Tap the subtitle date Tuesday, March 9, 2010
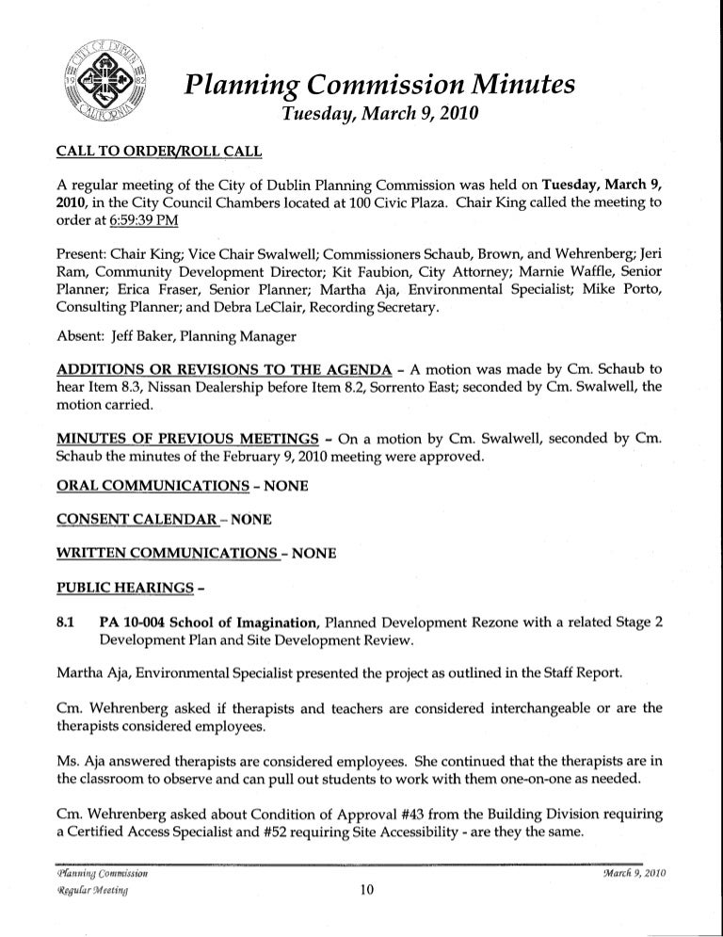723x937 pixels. click(375, 118)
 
